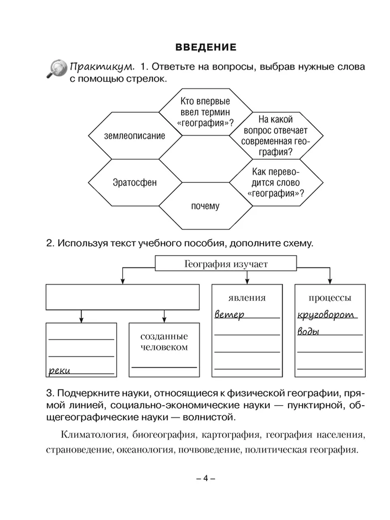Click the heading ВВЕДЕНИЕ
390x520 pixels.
point(203,47)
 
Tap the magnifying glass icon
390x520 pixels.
point(56,69)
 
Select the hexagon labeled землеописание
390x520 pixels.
point(135,136)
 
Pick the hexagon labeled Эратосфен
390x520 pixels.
point(135,182)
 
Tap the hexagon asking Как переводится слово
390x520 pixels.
point(276,183)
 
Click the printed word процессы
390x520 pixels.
point(330,298)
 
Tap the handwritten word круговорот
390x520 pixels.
point(326,315)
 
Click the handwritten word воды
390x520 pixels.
point(309,332)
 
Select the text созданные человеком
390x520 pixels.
point(164,342)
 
